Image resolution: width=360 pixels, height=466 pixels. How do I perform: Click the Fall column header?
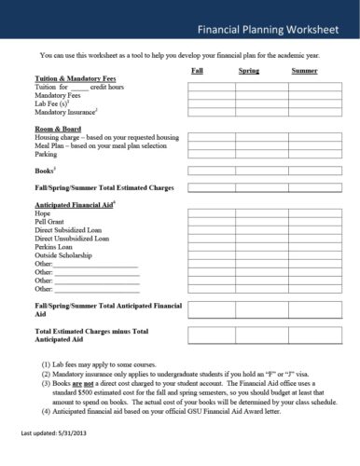pos(198,71)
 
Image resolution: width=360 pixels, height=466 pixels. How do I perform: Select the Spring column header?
pos(249,71)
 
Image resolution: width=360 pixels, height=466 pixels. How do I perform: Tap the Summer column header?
pos(304,71)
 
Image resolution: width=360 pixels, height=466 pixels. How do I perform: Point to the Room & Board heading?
pos(55,127)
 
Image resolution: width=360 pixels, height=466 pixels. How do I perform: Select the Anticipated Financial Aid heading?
pos(75,203)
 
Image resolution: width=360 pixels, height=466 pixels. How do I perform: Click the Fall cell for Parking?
pos(212,154)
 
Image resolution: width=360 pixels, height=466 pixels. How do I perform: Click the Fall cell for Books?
pos(212,171)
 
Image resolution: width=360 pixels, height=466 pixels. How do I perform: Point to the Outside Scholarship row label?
pos(65,254)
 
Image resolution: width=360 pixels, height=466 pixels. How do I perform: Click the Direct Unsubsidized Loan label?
pos(72,238)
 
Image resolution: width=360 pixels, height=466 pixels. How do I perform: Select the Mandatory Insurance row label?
pos(69,113)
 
